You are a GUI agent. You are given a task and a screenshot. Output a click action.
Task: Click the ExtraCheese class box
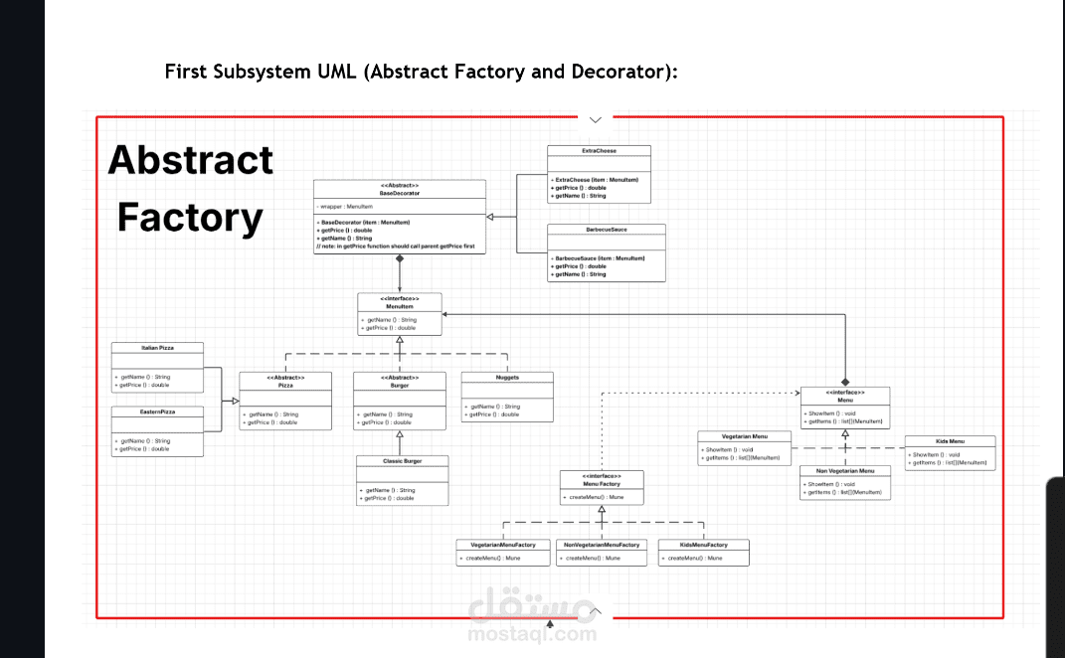pyautogui.click(x=599, y=174)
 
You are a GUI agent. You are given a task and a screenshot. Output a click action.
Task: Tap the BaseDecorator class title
pyautogui.click(x=400, y=193)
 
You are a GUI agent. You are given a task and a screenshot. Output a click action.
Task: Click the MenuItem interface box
pyautogui.click(x=400, y=313)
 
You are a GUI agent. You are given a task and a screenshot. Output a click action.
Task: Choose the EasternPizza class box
pyautogui.click(x=158, y=430)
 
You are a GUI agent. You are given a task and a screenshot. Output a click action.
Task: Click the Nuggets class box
pyautogui.click(x=507, y=397)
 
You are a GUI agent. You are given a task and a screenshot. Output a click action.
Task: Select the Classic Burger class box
pyautogui.click(x=403, y=481)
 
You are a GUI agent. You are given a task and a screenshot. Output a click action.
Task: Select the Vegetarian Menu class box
pyautogui.click(x=744, y=448)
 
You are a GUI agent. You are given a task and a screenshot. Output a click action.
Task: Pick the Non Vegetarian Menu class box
pyautogui.click(x=845, y=482)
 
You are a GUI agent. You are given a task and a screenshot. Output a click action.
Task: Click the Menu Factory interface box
pyautogui.click(x=602, y=485)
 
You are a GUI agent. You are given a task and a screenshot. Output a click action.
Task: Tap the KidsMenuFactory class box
pyautogui.click(x=704, y=552)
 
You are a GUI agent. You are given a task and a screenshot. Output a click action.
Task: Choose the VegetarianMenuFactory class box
pyautogui.click(x=503, y=552)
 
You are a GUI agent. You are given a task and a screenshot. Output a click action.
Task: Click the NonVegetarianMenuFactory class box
pyautogui.click(x=603, y=552)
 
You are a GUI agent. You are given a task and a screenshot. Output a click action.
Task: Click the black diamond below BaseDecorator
pyautogui.click(x=400, y=258)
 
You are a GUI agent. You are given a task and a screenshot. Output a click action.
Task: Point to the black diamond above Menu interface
pyautogui.click(x=846, y=382)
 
